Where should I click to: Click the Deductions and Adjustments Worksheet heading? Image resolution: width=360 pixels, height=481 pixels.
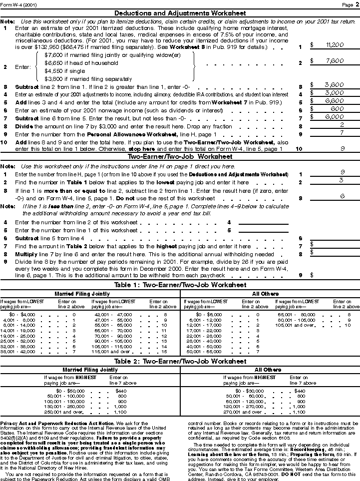pos(180,13)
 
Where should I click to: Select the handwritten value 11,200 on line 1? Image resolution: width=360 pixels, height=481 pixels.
pos(334,45)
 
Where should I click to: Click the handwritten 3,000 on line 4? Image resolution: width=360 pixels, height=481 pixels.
pos(334,92)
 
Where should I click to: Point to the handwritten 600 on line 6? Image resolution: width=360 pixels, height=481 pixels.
pos(336,108)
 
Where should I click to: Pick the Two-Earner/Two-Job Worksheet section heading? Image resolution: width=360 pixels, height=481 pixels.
pos(180,156)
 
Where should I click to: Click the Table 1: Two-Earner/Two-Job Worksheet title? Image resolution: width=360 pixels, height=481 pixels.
pos(180,285)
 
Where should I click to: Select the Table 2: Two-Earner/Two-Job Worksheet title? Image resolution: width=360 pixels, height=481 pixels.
pos(180,361)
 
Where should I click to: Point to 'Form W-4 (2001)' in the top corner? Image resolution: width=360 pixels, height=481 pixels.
pos(18,4)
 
